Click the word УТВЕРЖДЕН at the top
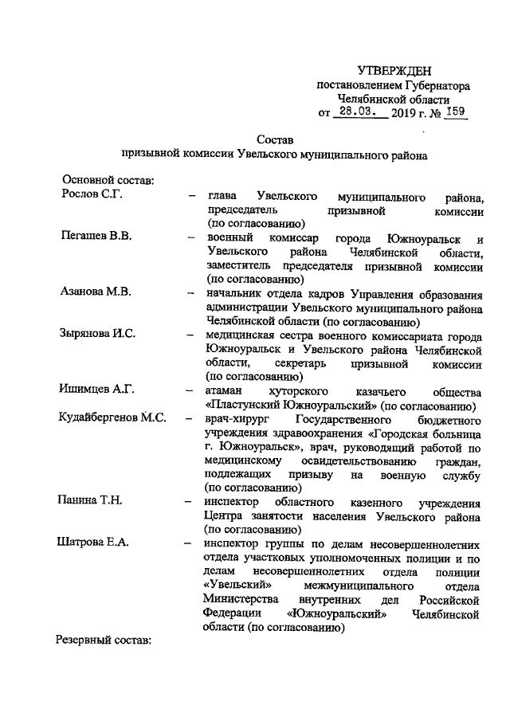(x=394, y=72)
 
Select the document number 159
(x=455, y=112)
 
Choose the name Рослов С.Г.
(x=92, y=196)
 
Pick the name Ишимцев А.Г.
(x=97, y=390)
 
